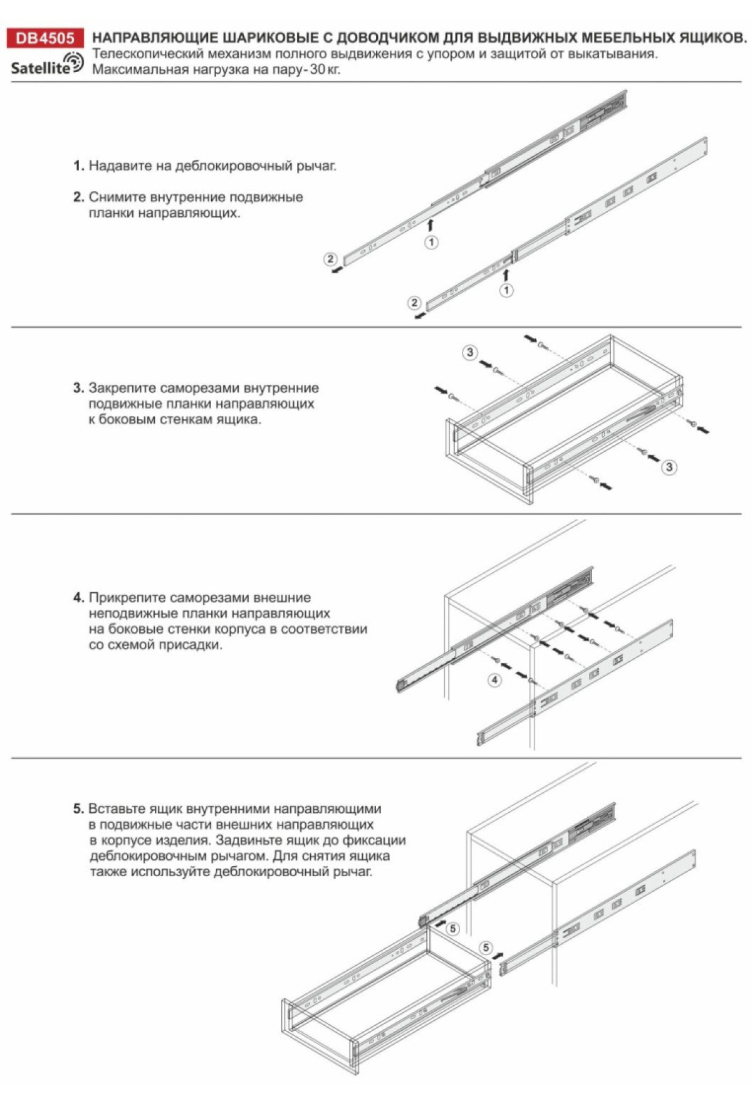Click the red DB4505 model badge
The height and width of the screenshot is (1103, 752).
pyautogui.click(x=44, y=38)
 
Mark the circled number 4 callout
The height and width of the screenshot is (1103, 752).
pyautogui.click(x=495, y=680)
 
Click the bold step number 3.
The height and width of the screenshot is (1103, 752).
pyautogui.click(x=78, y=388)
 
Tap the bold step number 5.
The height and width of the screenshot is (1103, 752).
pyautogui.click(x=78, y=808)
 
